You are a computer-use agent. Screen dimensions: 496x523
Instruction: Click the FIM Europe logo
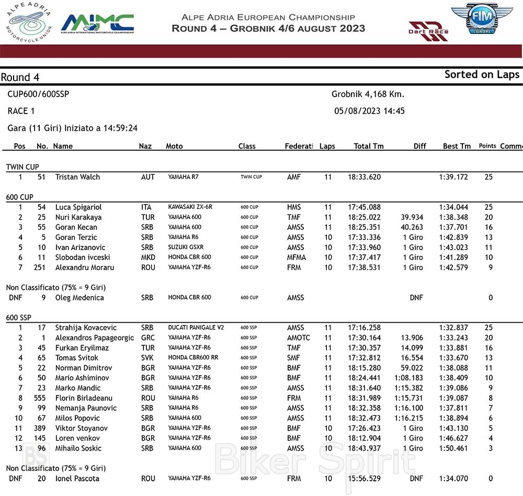tap(482, 19)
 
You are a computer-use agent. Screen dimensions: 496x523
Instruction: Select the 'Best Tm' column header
tap(457, 146)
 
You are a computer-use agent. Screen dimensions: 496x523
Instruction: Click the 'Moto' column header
tap(174, 146)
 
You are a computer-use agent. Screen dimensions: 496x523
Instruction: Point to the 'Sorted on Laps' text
tap(482, 74)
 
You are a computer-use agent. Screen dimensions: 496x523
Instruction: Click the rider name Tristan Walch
tap(77, 177)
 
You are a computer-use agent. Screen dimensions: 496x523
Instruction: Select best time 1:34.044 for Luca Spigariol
tap(453, 207)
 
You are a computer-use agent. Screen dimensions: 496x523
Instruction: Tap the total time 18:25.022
tap(365, 217)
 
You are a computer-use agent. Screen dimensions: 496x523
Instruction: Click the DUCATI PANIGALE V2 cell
tap(196, 328)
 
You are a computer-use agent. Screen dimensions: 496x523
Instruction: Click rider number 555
tap(39, 398)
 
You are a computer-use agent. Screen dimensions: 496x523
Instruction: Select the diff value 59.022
tap(412, 368)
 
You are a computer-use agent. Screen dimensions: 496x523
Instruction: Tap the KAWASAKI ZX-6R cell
tap(189, 207)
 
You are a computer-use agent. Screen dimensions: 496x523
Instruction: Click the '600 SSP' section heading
tap(19, 318)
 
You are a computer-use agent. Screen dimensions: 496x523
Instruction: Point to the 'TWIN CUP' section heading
tap(22, 167)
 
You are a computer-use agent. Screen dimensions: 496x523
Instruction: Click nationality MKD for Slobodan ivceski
tap(148, 257)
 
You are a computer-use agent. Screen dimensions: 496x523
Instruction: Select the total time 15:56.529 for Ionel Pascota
tap(365, 478)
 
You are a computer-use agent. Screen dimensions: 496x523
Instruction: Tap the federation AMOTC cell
tap(298, 337)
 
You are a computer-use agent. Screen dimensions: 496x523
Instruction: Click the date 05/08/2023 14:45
tap(369, 111)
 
